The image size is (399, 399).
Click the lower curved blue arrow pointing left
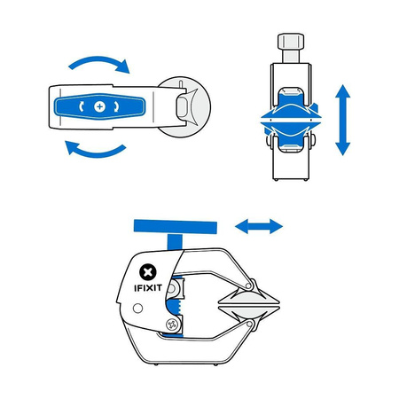coord(93,148)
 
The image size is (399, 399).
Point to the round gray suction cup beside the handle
coord(190,106)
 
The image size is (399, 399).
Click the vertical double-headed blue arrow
coord(343,120)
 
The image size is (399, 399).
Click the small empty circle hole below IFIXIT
coord(137,308)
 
